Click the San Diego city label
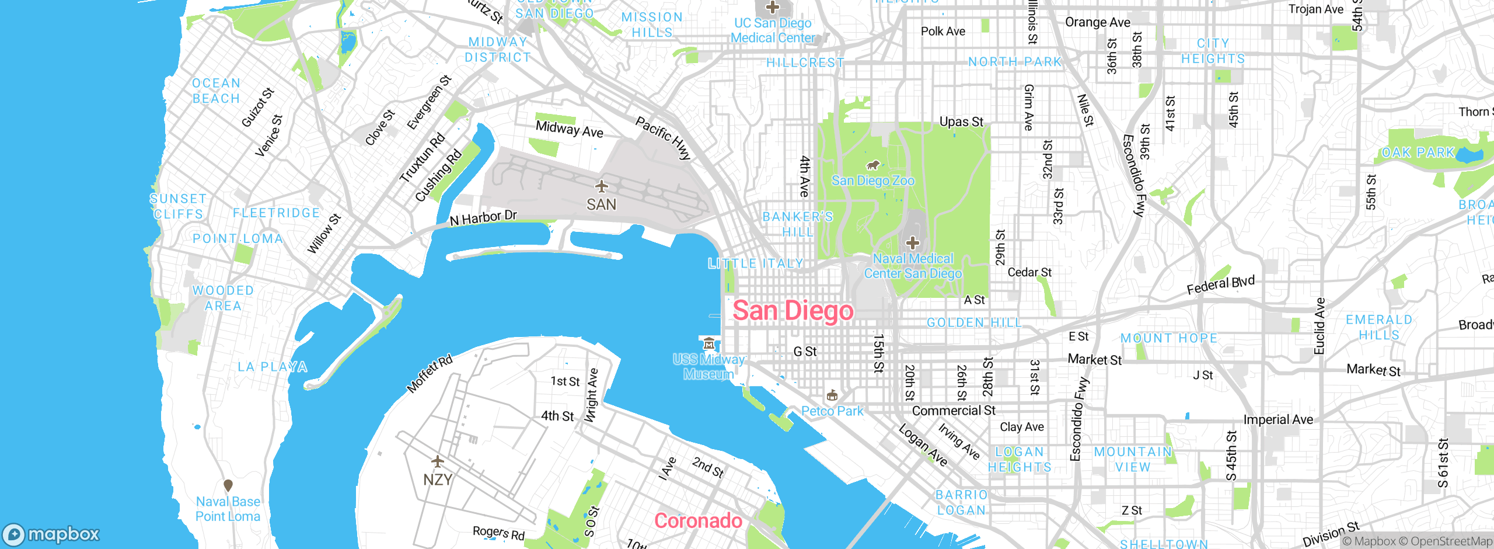tap(793, 311)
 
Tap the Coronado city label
tap(698, 520)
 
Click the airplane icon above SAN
tap(601, 186)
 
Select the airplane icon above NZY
tap(438, 461)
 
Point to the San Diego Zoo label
tap(872, 180)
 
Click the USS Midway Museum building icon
tap(709, 343)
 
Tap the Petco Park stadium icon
tap(832, 395)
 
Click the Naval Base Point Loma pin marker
tap(228, 485)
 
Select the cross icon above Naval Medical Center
tap(913, 243)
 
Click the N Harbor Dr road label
tap(483, 218)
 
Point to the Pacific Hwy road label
tap(663, 138)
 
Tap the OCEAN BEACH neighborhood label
tap(216, 91)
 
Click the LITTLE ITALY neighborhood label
tap(756, 263)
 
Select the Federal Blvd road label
tap(1220, 286)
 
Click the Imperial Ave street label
tap(1278, 419)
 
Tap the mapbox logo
tap(51, 534)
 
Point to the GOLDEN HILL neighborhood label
tap(974, 322)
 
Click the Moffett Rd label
tap(430, 374)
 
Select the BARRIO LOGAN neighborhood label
tap(961, 502)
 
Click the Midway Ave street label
tap(569, 129)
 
